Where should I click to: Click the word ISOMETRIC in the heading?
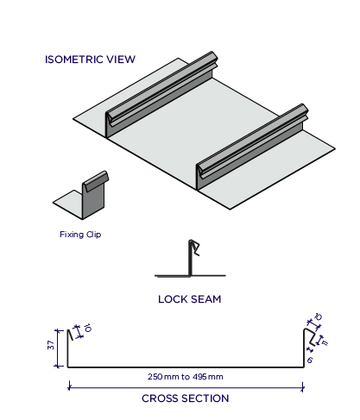pyautogui.click(x=74, y=60)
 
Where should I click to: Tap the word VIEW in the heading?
pyautogui.click(x=121, y=60)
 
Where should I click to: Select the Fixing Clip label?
pyautogui.click(x=80, y=235)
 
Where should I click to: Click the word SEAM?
pyautogui.click(x=205, y=299)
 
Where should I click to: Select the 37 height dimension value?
pyautogui.click(x=51, y=345)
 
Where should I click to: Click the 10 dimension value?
pyautogui.click(x=87, y=328)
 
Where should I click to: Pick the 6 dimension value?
pyautogui.click(x=310, y=360)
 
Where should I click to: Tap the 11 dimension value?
pyautogui.click(x=325, y=342)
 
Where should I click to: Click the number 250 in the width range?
pyautogui.click(x=155, y=377)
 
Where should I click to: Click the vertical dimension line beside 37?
pyautogui.click(x=59, y=348)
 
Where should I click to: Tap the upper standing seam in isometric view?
pyautogui.click(x=161, y=95)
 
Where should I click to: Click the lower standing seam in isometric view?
pyautogui.click(x=252, y=147)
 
